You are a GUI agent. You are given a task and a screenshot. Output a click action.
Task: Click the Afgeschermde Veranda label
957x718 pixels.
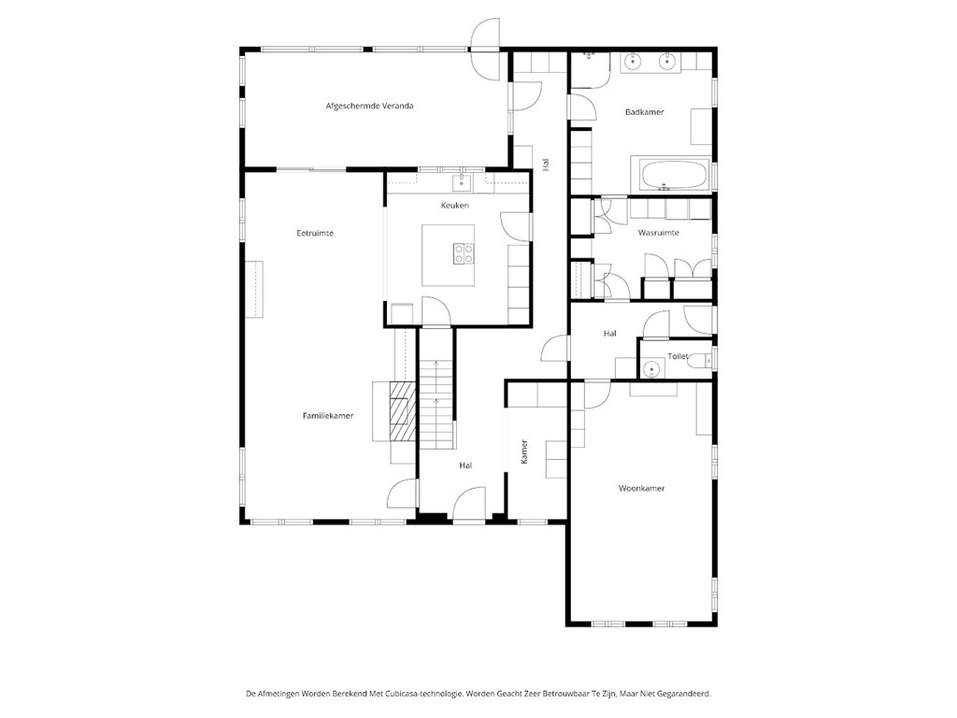(x=369, y=107)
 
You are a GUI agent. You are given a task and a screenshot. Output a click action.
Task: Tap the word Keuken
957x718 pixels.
(x=455, y=206)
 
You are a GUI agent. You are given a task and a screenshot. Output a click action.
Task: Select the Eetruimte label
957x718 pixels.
(x=315, y=233)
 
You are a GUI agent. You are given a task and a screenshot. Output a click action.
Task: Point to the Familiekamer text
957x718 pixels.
(x=327, y=415)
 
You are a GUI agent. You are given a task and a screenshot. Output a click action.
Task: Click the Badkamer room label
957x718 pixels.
(x=644, y=112)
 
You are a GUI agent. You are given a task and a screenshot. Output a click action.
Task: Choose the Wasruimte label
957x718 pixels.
(x=658, y=232)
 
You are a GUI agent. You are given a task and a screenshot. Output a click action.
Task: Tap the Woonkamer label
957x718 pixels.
(x=641, y=488)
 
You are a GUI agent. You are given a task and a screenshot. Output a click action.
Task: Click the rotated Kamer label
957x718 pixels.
(x=524, y=452)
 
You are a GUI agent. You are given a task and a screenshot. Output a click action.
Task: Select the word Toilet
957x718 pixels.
(x=678, y=356)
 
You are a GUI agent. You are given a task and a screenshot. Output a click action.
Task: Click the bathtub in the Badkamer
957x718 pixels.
(x=672, y=174)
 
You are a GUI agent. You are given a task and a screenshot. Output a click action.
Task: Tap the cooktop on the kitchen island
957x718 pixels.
(x=464, y=253)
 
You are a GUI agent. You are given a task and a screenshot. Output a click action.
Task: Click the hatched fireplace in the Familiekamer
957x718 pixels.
(x=402, y=410)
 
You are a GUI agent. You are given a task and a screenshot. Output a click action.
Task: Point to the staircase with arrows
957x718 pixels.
(x=436, y=402)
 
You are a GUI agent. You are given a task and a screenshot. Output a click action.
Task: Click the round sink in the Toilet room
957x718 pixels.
(x=651, y=369)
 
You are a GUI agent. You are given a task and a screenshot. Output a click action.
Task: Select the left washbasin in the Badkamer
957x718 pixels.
(x=632, y=62)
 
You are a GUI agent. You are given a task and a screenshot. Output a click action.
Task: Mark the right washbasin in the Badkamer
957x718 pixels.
(x=668, y=62)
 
